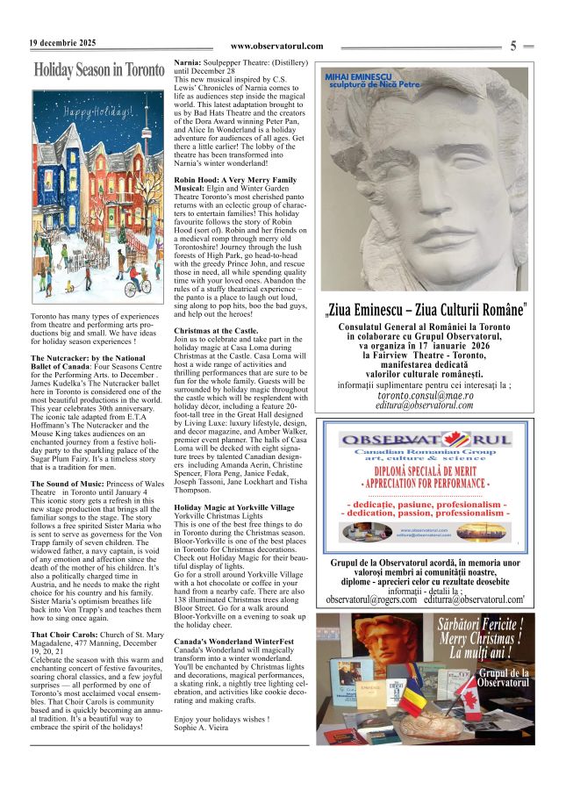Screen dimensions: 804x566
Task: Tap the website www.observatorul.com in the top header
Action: tap(276, 47)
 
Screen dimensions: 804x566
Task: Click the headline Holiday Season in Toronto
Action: tap(98, 70)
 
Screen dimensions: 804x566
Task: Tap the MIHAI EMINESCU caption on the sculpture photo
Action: tap(361, 78)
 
